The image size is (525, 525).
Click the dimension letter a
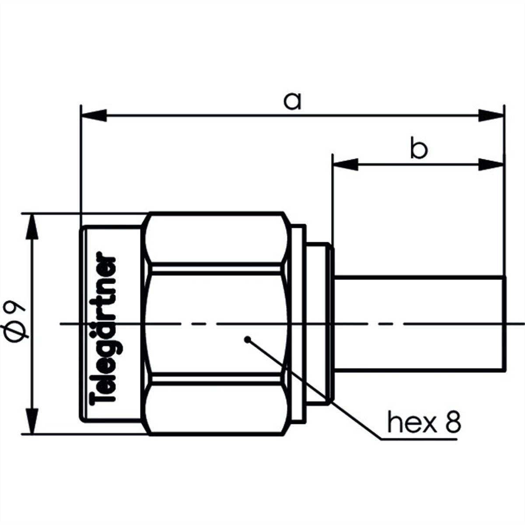pyautogui.click(x=292, y=101)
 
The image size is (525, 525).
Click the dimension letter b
pyautogui.click(x=418, y=149)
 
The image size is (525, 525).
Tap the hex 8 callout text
pyautogui.click(x=423, y=422)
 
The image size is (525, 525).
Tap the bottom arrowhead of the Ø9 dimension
pyautogui.click(x=32, y=422)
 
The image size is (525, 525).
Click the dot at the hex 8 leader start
pyautogui.click(x=248, y=339)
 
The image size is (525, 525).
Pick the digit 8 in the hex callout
pyautogui.click(x=453, y=422)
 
